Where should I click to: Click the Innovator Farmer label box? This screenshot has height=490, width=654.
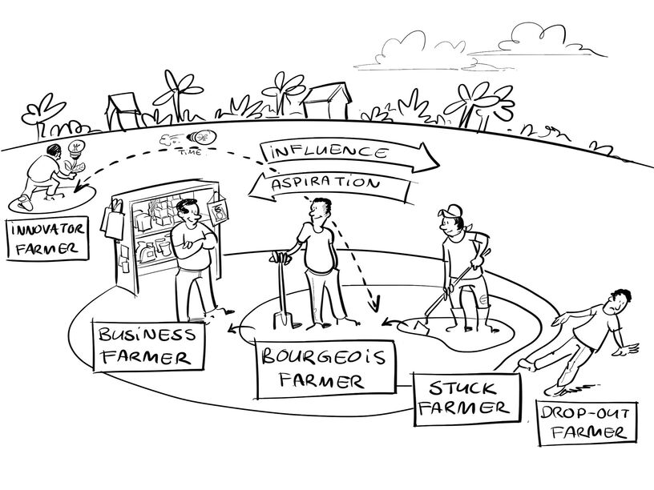45,238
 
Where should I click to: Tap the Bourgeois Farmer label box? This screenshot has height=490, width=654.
316,367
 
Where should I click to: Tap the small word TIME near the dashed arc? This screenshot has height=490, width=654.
190,149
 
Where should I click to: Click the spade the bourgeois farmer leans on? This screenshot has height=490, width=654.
281,293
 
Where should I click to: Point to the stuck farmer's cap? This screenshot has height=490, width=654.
451,211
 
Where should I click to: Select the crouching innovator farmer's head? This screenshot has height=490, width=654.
54,152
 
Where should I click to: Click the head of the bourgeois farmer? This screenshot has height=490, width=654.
320,211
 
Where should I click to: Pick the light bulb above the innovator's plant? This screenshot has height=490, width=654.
79,148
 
